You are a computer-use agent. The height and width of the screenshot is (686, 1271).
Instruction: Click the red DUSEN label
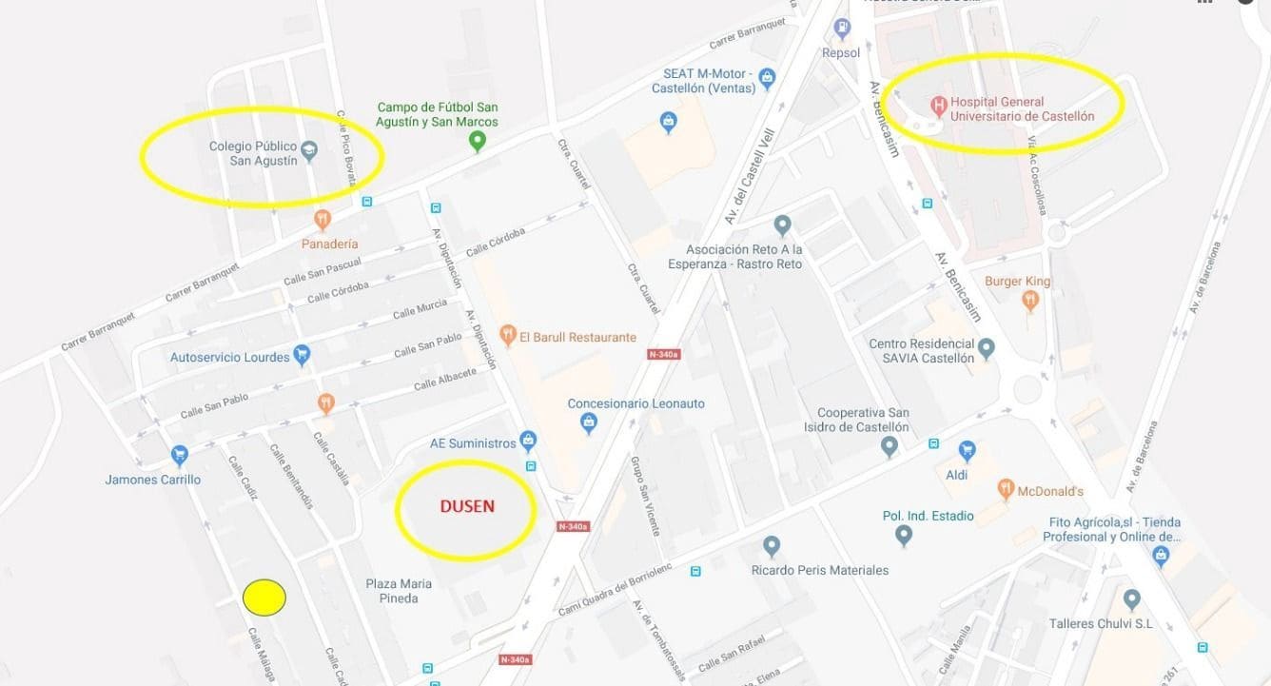coord(466,506)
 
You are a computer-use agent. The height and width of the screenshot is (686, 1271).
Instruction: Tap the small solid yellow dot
coord(264,598)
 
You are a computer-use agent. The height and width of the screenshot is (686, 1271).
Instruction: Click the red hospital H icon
coord(938,103)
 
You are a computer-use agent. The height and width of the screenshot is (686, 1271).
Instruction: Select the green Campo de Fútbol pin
coord(478,142)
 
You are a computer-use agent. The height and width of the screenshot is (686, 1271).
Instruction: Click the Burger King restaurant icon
coord(1029,301)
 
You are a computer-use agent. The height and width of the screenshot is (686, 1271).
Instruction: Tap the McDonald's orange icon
coord(1006,490)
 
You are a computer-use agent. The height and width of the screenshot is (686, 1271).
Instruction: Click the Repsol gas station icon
coord(841,29)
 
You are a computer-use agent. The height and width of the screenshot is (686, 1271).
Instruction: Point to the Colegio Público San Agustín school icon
coord(308,149)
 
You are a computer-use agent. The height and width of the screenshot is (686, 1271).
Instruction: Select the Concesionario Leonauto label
coord(635,403)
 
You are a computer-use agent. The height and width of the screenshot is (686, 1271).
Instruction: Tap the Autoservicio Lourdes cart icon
coord(303,356)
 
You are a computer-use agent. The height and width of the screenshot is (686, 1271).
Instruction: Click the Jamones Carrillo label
coord(153,480)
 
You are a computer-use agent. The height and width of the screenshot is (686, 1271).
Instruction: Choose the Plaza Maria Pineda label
coord(399,591)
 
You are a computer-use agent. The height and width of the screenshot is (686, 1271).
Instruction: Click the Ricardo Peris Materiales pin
coord(772,546)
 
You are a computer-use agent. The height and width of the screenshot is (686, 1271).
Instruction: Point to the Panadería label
coord(329,244)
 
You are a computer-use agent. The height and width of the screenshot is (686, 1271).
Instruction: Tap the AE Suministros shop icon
coord(528,441)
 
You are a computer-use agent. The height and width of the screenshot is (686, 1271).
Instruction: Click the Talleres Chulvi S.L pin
coord(1131,599)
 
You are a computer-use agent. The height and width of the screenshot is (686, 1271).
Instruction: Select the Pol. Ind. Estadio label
coord(928,516)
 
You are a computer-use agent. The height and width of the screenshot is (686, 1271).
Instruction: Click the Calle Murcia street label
coord(420,310)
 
